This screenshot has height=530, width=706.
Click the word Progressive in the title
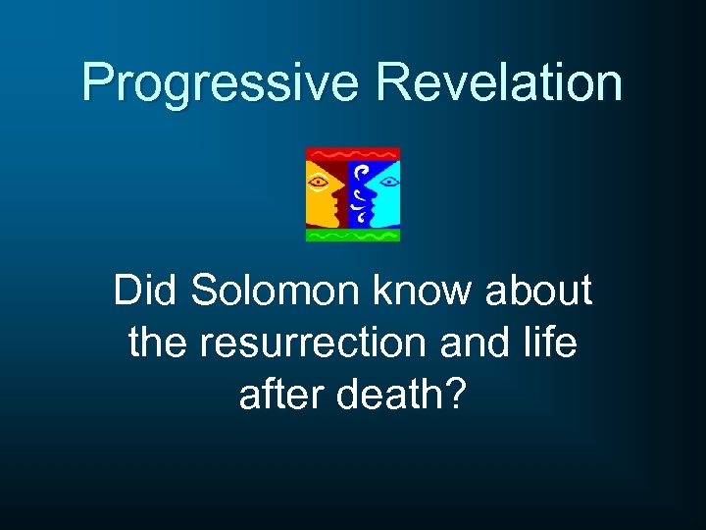tap(220, 84)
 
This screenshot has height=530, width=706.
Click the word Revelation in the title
tap(498, 82)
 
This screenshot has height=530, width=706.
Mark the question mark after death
tap(455, 396)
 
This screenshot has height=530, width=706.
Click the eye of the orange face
tap(318, 182)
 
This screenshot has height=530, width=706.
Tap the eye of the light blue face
tap(387, 182)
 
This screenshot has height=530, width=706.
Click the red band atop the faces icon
tap(353, 154)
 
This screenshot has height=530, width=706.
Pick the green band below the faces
tap(353, 235)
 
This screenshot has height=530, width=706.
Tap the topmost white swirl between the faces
tap(360, 169)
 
